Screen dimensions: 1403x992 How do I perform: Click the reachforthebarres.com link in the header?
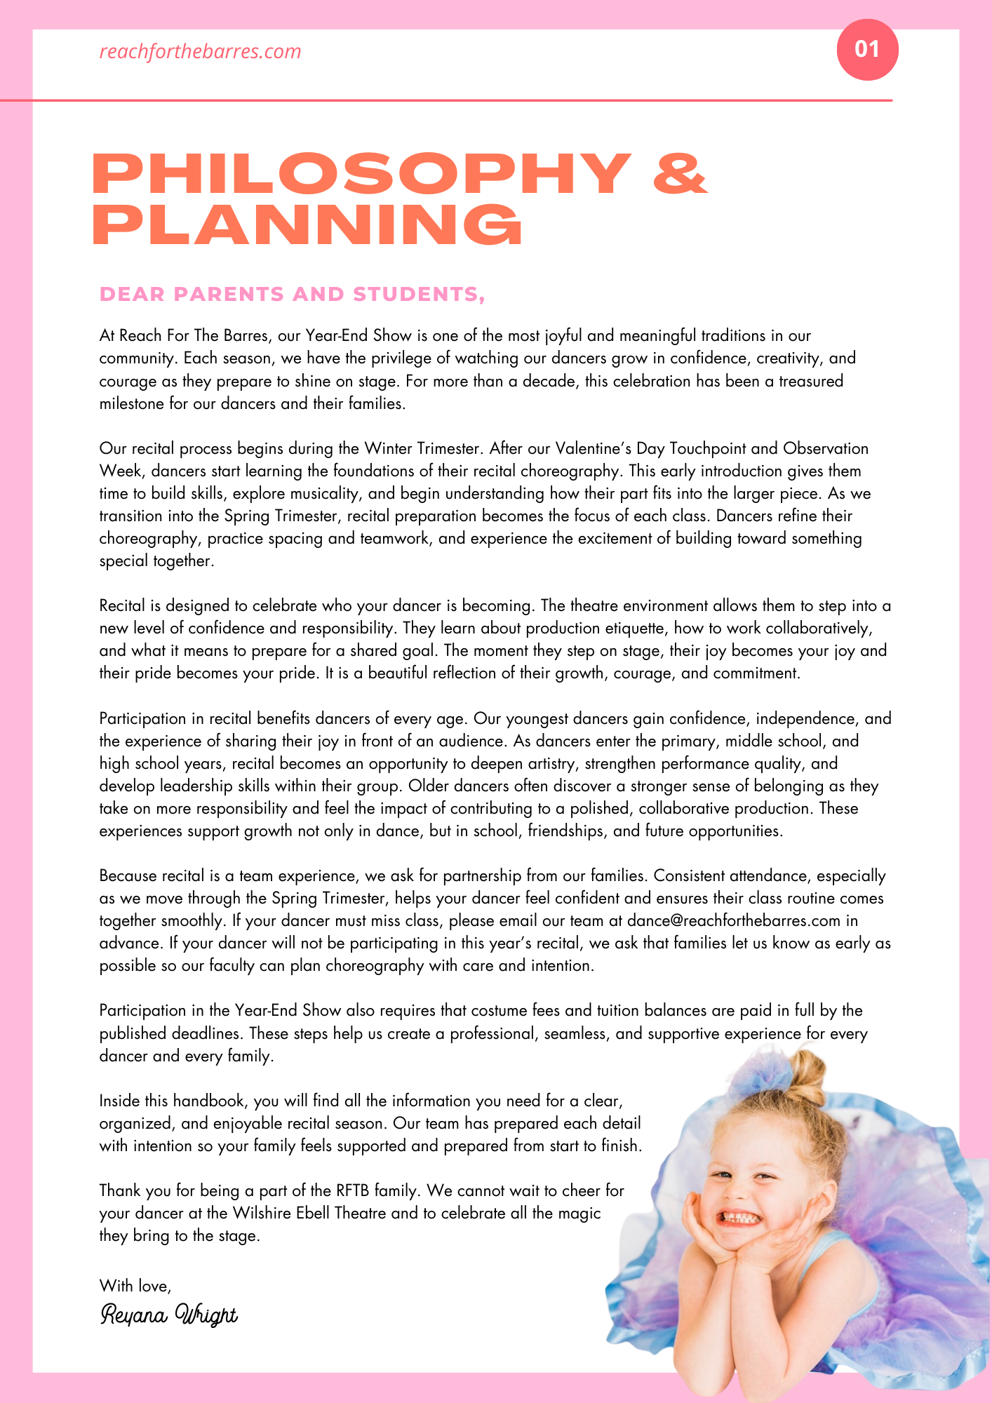click(200, 51)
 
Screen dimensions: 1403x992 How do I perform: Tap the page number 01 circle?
click(867, 49)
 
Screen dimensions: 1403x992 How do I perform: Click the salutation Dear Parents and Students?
click(292, 295)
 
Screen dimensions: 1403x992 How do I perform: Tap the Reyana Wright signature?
click(169, 1314)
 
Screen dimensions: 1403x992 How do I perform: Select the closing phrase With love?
click(135, 1285)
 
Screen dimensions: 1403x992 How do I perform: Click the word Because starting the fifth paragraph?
click(128, 875)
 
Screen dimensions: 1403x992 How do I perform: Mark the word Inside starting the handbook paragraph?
click(120, 1101)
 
